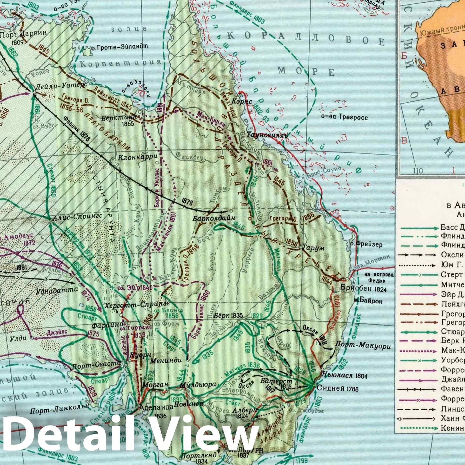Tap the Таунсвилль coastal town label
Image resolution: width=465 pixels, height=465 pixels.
click(267, 135)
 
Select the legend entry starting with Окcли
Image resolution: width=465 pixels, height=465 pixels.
click(452, 255)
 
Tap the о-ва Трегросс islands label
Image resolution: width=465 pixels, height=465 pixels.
click(345, 117)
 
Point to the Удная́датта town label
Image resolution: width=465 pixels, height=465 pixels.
click(57, 289)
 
